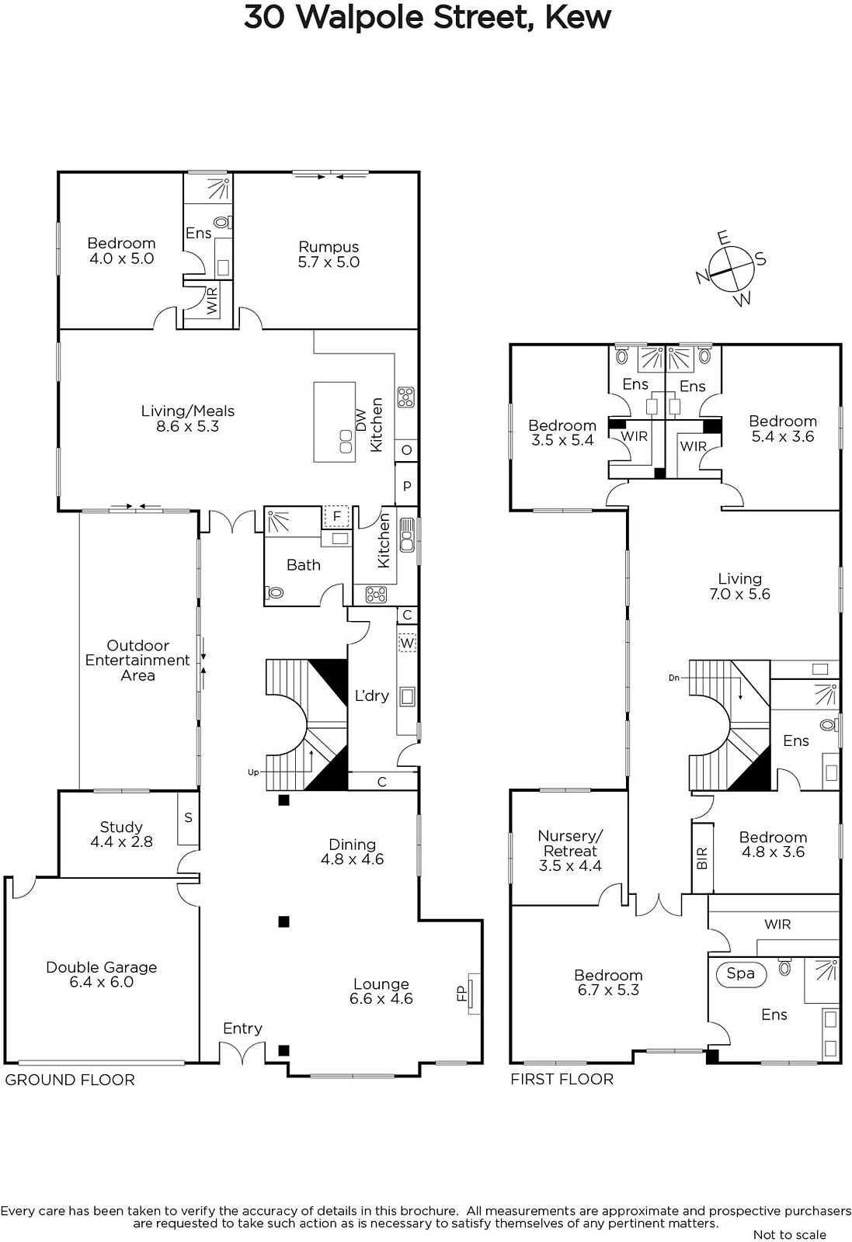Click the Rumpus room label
pyautogui.click(x=329, y=247)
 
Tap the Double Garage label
pyautogui.click(x=102, y=967)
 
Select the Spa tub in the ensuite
pyautogui.click(x=740, y=974)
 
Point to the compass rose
pyautogui.click(x=732, y=269)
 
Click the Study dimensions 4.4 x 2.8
pyautogui.click(x=121, y=841)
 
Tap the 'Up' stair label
pyautogui.click(x=253, y=772)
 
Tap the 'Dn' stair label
pyautogui.click(x=674, y=678)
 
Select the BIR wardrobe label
pyautogui.click(x=701, y=858)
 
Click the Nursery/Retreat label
pyautogui.click(x=570, y=843)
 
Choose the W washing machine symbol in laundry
pyautogui.click(x=407, y=644)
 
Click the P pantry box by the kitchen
pyautogui.click(x=407, y=486)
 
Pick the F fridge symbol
pyautogui.click(x=336, y=517)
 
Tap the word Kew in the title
pyautogui.click(x=578, y=17)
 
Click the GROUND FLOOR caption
pyautogui.click(x=70, y=1080)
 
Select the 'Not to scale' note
pyautogui.click(x=790, y=1234)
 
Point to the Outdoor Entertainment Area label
pyautogui.click(x=137, y=661)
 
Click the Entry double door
pyautogui.click(x=242, y=1053)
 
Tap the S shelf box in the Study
pyautogui.click(x=188, y=818)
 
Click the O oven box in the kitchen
pyautogui.click(x=407, y=449)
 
